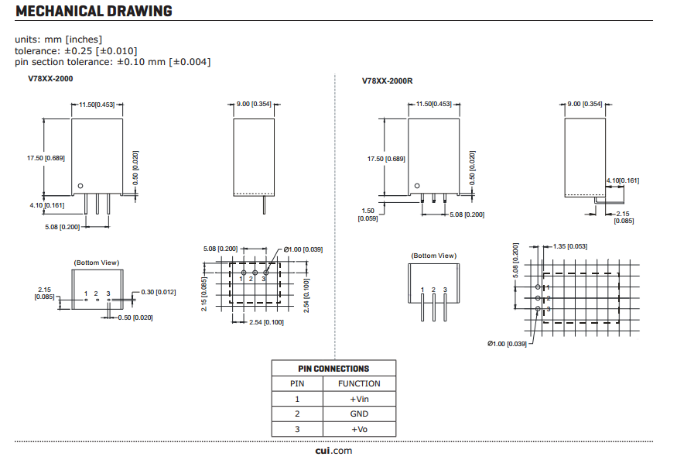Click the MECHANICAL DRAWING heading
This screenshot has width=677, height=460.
(x=94, y=12)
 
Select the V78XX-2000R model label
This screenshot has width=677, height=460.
(x=388, y=81)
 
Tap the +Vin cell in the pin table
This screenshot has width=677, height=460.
(x=359, y=399)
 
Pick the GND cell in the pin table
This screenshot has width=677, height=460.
(x=359, y=414)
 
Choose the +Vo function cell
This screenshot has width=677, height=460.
(x=359, y=429)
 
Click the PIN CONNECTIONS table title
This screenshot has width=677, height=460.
(x=333, y=369)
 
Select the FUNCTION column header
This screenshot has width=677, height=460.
(x=359, y=383)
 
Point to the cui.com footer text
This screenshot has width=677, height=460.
(x=333, y=451)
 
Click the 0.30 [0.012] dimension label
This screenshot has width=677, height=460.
(x=159, y=292)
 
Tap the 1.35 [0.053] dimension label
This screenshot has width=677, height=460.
(x=570, y=246)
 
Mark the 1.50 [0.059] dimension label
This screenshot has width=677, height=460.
(x=368, y=215)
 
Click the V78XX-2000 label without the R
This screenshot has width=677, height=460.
(x=51, y=78)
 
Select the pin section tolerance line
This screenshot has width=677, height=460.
(x=112, y=62)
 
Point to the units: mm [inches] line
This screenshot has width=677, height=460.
(x=59, y=39)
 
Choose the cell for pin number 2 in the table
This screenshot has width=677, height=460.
(x=297, y=414)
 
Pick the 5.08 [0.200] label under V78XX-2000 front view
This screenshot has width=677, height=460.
(x=63, y=227)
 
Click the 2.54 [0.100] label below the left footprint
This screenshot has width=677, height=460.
(x=265, y=322)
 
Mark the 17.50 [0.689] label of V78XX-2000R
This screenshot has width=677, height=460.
(x=385, y=159)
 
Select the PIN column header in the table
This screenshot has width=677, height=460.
(x=297, y=383)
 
